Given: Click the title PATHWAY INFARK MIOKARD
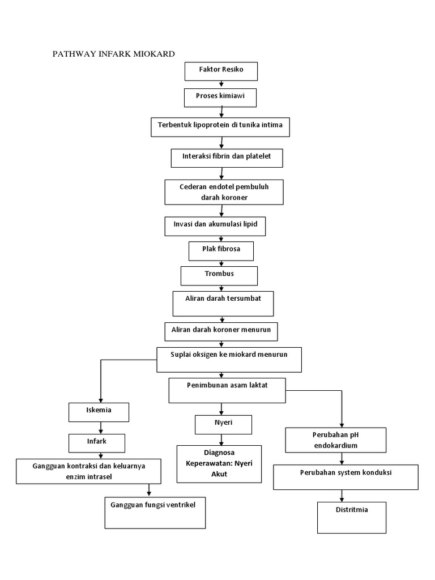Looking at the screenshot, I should pyautogui.click(x=113, y=54).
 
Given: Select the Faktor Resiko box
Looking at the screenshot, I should pyautogui.click(x=221, y=71).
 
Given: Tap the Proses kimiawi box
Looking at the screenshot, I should pyautogui.click(x=221, y=97).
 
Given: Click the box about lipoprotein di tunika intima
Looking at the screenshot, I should pyautogui.click(x=220, y=127).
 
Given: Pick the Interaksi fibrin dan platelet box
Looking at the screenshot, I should pyautogui.click(x=227, y=157).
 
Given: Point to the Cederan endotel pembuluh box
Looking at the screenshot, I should pyautogui.click(x=224, y=192).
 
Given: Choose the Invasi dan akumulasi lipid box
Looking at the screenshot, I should pyautogui.click(x=215, y=226).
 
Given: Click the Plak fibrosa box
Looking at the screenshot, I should pyautogui.click(x=221, y=250).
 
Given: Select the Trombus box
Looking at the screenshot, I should pyautogui.click(x=219, y=275).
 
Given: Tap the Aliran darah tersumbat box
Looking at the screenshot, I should pyautogui.click(x=223, y=303).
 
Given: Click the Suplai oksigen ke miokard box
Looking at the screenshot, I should pyautogui.click(x=229, y=359).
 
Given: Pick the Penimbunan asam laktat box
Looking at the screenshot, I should pyautogui.click(x=227, y=390).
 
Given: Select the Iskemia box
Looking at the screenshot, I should pyautogui.click(x=99, y=412).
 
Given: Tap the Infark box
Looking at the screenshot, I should pyautogui.click(x=96, y=441).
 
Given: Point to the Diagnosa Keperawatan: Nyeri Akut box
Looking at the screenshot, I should pyautogui.click(x=219, y=463).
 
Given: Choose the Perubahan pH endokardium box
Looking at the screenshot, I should pyautogui.click(x=335, y=441).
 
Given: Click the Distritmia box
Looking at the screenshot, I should pyautogui.click(x=351, y=517).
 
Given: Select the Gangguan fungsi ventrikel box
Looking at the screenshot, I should pyautogui.click(x=156, y=512).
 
